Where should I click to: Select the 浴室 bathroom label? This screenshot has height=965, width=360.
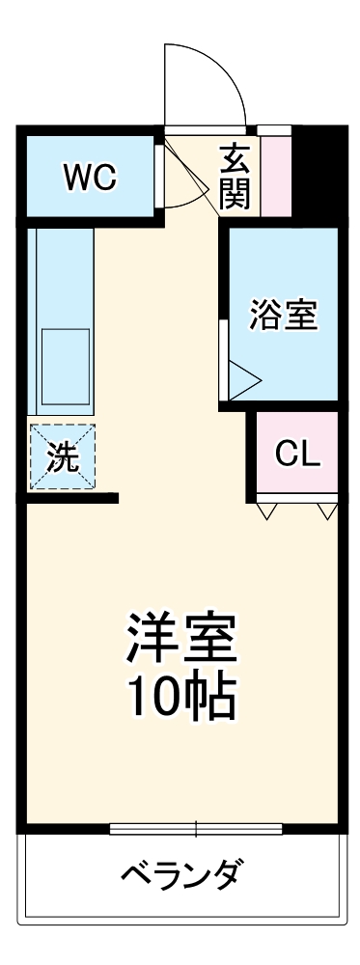click(x=283, y=316)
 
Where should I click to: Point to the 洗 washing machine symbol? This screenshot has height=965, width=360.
click(x=61, y=457)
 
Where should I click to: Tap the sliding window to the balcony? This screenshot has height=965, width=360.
click(x=196, y=828)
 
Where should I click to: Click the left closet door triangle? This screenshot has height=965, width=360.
click(x=269, y=509)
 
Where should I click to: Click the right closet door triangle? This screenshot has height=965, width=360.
click(x=326, y=509)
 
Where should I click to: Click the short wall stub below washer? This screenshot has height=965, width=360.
click(x=72, y=498)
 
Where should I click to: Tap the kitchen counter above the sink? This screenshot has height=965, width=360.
click(x=65, y=275)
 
